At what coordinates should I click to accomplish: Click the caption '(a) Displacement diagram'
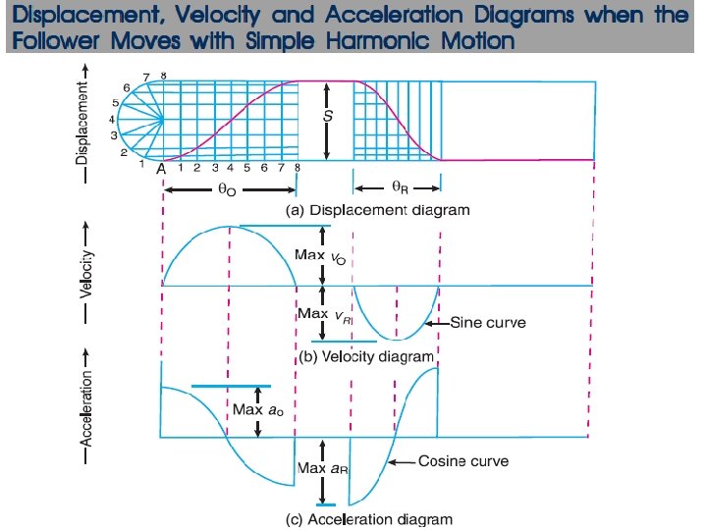click(x=377, y=210)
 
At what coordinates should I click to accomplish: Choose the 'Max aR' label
click(x=318, y=469)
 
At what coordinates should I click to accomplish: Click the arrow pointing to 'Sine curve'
click(x=438, y=322)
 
